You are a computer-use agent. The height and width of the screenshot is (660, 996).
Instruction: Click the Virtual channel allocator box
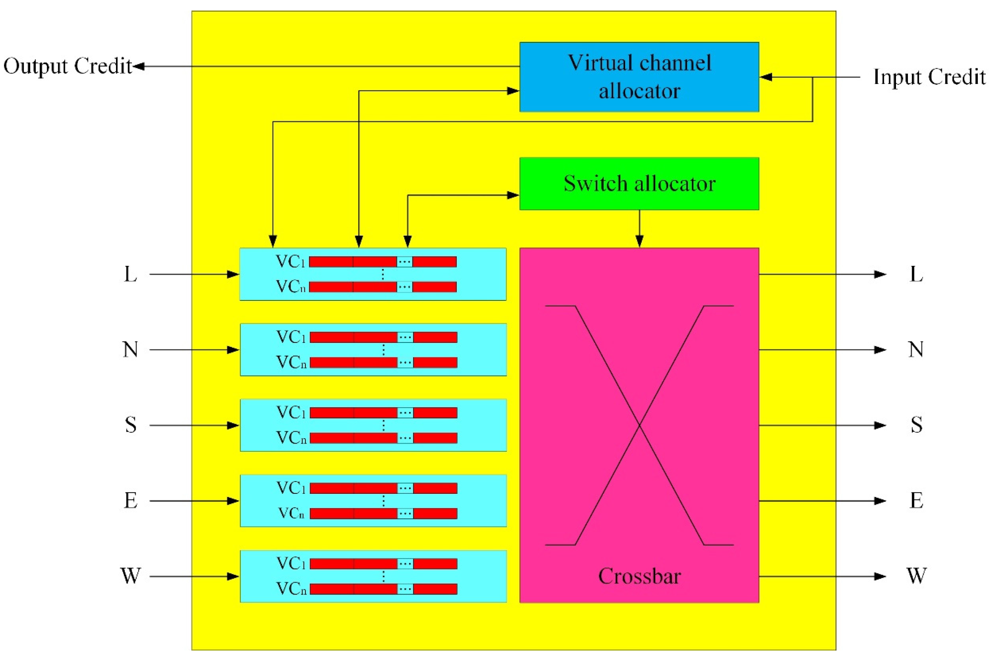click(639, 77)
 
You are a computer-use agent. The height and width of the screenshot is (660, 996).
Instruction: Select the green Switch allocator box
click(639, 184)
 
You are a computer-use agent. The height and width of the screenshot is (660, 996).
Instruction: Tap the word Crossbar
click(639, 576)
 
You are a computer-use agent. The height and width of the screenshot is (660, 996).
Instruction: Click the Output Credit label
click(67, 66)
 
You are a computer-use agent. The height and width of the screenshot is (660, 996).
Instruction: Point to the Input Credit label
click(929, 77)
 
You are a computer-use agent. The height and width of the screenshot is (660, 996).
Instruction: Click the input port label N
click(131, 349)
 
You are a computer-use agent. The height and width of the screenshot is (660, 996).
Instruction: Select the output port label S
click(916, 425)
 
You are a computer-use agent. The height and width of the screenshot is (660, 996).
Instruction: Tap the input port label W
click(131, 576)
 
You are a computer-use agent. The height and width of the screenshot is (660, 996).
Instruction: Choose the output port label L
click(916, 275)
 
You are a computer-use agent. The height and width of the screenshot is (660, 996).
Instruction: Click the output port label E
click(916, 500)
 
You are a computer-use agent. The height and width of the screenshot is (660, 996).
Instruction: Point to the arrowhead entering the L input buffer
click(233, 275)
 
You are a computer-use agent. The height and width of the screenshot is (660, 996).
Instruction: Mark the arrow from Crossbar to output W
click(820, 576)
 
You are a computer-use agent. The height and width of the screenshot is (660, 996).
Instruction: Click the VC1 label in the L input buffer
click(290, 262)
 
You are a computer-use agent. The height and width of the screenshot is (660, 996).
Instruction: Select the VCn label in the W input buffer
click(291, 589)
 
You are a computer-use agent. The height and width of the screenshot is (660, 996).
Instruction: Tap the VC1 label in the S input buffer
click(291, 412)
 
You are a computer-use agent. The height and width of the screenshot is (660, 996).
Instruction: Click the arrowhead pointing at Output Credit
click(139, 67)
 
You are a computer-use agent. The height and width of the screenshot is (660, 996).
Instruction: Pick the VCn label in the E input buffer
click(291, 513)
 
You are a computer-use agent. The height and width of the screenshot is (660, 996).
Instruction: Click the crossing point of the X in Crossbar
click(639, 425)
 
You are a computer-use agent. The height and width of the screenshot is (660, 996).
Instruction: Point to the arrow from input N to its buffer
click(193, 350)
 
